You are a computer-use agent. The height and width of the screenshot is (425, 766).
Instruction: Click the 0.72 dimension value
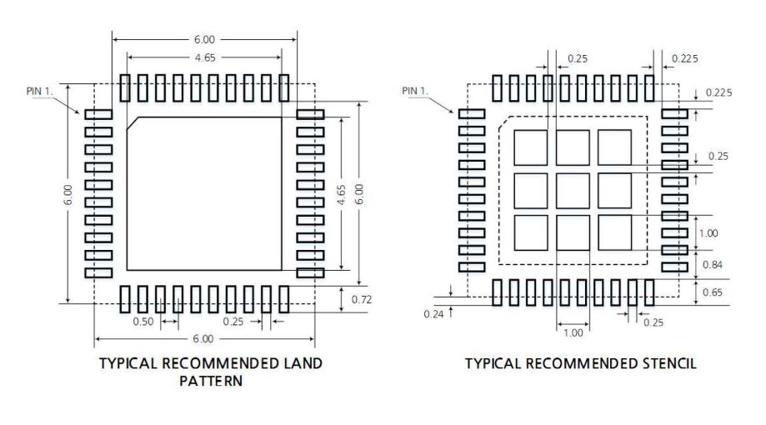pyautogui.click(x=362, y=299)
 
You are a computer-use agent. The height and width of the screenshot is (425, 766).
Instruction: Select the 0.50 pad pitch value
pyautogui.click(x=143, y=322)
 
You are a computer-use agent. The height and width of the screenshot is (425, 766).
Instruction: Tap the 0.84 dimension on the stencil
pyautogui.click(x=713, y=265)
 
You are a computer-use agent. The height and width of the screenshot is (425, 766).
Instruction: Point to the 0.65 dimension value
pyautogui.click(x=713, y=292)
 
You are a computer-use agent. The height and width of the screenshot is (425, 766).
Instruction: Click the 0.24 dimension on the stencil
pyautogui.click(x=433, y=314)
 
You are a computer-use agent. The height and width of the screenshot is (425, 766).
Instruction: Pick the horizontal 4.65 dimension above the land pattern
pyautogui.click(x=205, y=57)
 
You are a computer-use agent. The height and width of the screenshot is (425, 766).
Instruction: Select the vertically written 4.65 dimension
pyautogui.click(x=342, y=194)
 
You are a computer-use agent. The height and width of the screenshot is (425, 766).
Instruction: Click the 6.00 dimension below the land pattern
pyautogui.click(x=203, y=338)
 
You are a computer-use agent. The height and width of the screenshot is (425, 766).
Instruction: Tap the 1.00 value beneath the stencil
pyautogui.click(x=573, y=332)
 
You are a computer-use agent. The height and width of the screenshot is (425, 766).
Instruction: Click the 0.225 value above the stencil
pyautogui.click(x=685, y=58)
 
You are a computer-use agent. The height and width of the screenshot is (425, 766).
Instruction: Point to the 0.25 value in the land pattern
pyautogui.click(x=233, y=322)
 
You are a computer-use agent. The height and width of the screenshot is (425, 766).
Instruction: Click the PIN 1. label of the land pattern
pyautogui.click(x=39, y=91)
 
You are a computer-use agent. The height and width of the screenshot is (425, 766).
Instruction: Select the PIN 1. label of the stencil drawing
pyautogui.click(x=415, y=91)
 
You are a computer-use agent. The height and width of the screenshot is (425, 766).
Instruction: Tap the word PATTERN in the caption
pyautogui.click(x=211, y=381)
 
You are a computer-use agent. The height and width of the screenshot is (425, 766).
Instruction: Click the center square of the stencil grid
pyautogui.click(x=573, y=191)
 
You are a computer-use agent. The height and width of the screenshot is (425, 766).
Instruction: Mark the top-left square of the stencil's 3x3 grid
pyautogui.click(x=531, y=147)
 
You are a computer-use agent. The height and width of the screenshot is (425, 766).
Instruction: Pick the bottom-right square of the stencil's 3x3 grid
pyautogui.click(x=614, y=232)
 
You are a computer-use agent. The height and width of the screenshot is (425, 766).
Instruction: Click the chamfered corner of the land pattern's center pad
pyautogui.click(x=133, y=123)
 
